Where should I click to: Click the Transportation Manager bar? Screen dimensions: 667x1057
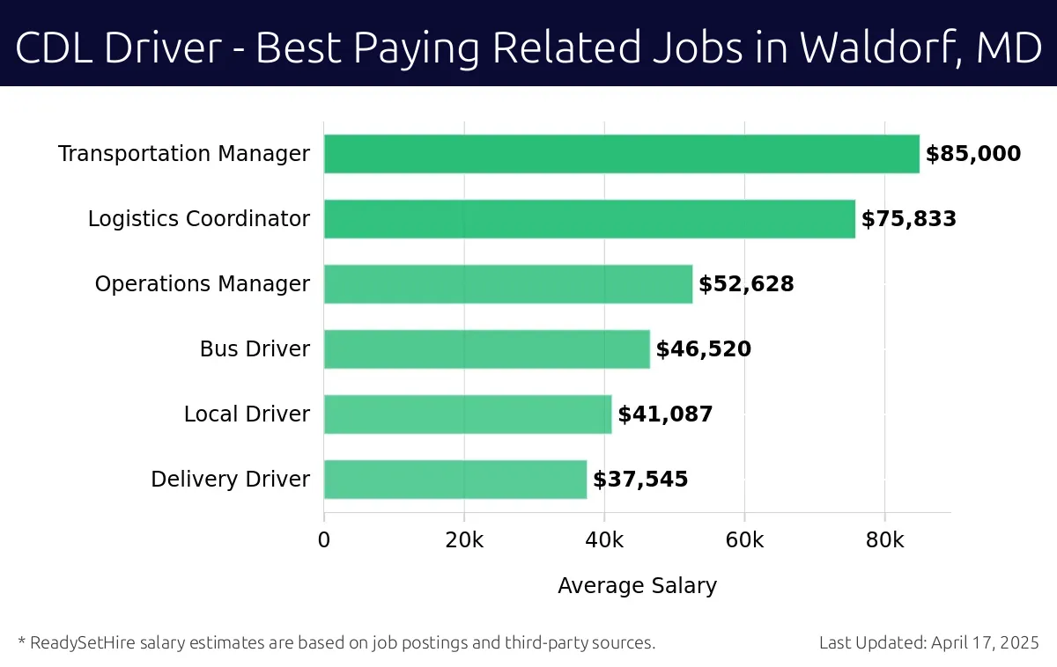[x=621, y=154]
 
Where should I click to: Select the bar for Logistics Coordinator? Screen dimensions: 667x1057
[x=589, y=219]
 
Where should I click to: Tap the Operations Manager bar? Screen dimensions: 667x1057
[x=508, y=284]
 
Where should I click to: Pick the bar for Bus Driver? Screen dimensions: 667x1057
[x=486, y=349]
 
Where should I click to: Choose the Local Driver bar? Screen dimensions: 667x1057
[x=468, y=414]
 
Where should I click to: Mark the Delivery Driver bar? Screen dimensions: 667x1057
[x=455, y=480]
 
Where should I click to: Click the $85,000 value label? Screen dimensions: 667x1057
[x=972, y=155]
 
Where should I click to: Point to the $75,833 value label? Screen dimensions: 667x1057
[x=908, y=220]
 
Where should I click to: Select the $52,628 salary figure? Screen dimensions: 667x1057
[x=746, y=285]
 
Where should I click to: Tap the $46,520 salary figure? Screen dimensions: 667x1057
[x=703, y=350]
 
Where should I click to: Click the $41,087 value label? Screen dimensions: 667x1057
[x=665, y=415]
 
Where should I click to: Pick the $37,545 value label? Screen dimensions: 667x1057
[x=640, y=480]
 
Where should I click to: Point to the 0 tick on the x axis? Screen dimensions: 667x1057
[x=324, y=540]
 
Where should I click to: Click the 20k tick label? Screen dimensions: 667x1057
[x=464, y=540]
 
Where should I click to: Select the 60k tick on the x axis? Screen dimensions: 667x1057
[x=744, y=540]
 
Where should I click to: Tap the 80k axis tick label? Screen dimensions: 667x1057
[x=884, y=540]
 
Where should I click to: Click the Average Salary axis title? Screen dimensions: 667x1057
[x=637, y=586]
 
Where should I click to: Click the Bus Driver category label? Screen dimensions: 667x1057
[x=255, y=349]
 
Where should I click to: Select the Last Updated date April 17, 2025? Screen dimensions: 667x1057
[x=984, y=643]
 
